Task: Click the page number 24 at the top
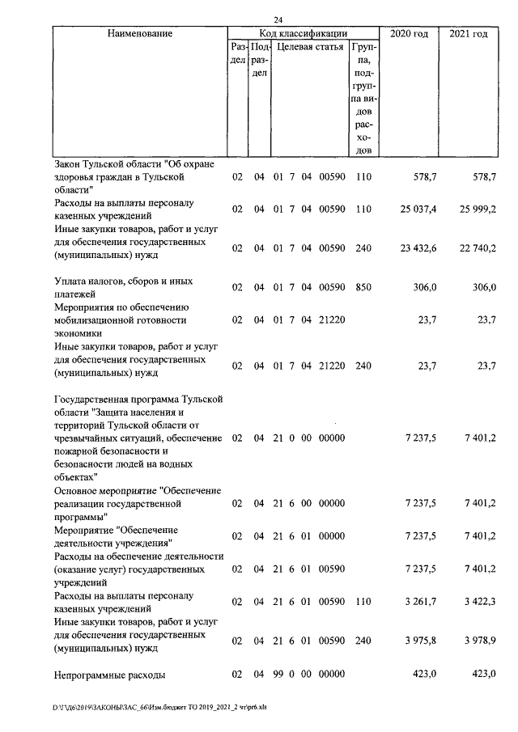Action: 278,20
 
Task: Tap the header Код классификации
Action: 304,34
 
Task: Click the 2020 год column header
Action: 409,34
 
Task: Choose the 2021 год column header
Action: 468,34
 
